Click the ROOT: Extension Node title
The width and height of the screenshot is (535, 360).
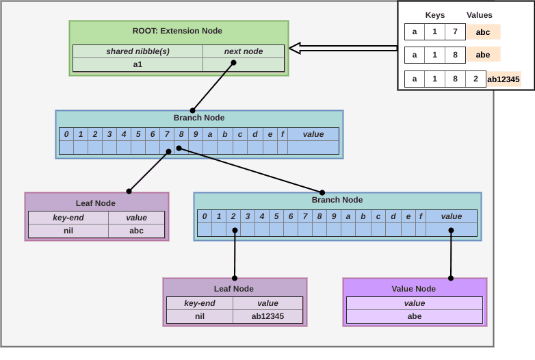pyautogui.click(x=177, y=31)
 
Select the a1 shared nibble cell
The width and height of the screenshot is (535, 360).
pyautogui.click(x=138, y=64)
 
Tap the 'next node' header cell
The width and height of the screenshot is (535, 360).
pyautogui.click(x=244, y=51)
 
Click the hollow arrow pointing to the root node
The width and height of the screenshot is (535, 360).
pyautogui.click(x=343, y=48)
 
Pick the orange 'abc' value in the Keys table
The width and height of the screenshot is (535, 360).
pyautogui.click(x=483, y=32)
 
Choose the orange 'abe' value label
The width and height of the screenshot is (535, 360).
pyautogui.click(x=483, y=55)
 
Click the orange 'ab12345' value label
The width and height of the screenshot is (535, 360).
pyautogui.click(x=504, y=79)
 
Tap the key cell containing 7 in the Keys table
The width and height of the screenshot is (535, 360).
pyautogui.click(x=455, y=31)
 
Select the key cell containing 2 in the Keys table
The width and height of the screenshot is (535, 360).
pyautogui.click(x=475, y=79)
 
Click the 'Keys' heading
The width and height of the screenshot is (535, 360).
pyautogui.click(x=435, y=15)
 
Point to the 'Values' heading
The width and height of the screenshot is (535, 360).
pyautogui.click(x=480, y=15)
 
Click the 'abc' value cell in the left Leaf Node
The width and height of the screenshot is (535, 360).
pyautogui.click(x=136, y=231)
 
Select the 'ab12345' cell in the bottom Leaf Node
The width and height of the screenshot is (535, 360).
pyautogui.click(x=267, y=316)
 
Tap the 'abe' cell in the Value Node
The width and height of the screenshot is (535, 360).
pyautogui.click(x=415, y=316)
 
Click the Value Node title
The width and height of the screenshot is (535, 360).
pyautogui.click(x=413, y=289)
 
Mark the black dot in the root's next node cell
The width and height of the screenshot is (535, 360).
pyautogui.click(x=234, y=63)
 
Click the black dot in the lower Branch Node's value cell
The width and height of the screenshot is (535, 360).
pyautogui.click(x=451, y=231)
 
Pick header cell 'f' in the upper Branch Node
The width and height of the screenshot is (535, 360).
pyautogui.click(x=283, y=134)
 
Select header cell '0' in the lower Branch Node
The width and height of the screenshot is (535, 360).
pyautogui.click(x=205, y=216)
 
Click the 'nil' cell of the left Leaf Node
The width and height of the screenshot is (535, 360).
pyautogui.click(x=68, y=231)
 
